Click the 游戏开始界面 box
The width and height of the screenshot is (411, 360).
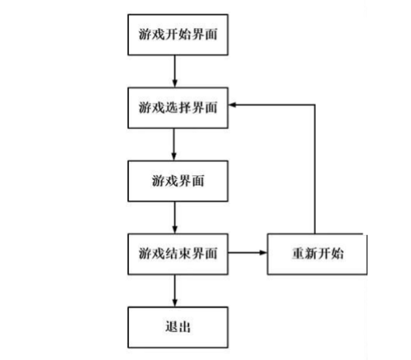coord(178,38)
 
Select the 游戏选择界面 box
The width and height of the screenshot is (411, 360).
coord(178,108)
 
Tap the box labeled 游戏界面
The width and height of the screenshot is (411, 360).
coord(178,179)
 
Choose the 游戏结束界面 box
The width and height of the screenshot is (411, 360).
coord(178,253)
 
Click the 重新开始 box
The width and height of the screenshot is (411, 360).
coord(317,253)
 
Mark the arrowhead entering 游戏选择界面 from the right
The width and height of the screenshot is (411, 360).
coord(234,105)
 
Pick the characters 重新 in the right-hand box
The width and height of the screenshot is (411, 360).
coord(305,253)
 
